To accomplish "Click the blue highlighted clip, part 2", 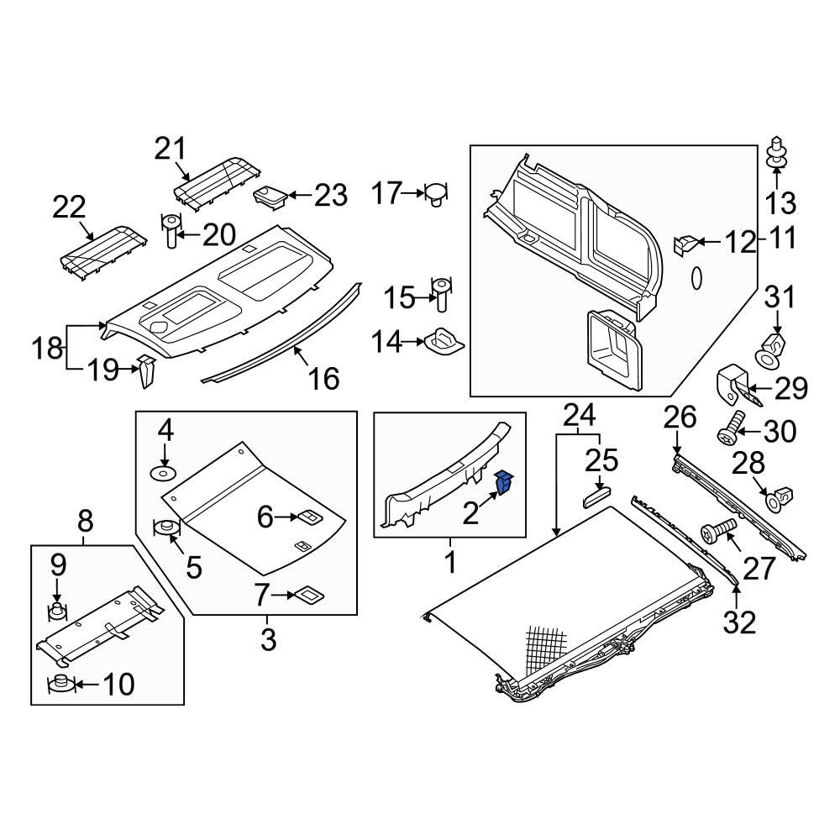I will (505, 483).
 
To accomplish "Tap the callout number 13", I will (780, 202).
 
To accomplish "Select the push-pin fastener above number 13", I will (776, 151).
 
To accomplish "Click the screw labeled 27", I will (717, 531).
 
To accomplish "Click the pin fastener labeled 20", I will (171, 231).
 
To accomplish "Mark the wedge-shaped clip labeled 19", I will (146, 370).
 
